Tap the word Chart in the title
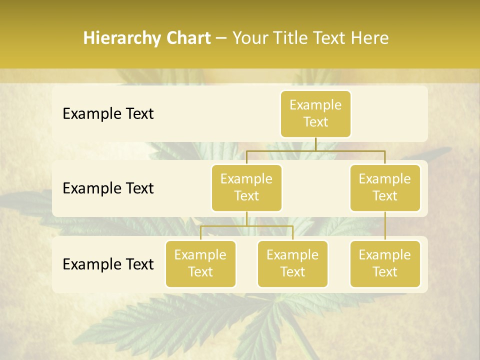(x=187, y=38)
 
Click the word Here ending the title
(x=370, y=38)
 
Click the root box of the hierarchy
(x=315, y=113)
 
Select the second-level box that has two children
(x=246, y=187)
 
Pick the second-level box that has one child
(x=385, y=187)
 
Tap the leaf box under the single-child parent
(x=385, y=263)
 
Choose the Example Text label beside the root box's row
(x=108, y=113)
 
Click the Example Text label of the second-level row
(x=108, y=188)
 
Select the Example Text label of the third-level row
(x=108, y=264)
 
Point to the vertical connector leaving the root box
(x=315, y=143)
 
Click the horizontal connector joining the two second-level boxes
(x=315, y=149)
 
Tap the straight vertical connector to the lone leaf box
(x=385, y=225)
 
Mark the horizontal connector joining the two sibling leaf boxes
(x=246, y=225)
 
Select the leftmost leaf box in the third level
(x=200, y=263)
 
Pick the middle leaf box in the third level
(x=292, y=263)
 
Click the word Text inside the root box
(x=315, y=122)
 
